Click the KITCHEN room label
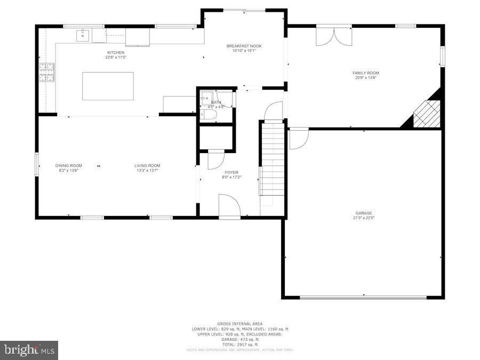click(x=116, y=52)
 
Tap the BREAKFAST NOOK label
click(x=244, y=46)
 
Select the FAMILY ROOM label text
click(x=365, y=73)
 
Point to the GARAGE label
click(x=364, y=213)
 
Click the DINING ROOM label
click(x=68, y=165)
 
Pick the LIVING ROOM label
click(x=147, y=165)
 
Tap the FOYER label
click(x=231, y=172)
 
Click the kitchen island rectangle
click(x=108, y=86)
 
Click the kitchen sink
click(x=83, y=36)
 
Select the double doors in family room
click(x=334, y=36)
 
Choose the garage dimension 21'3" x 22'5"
click(x=364, y=218)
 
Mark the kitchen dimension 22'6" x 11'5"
click(x=116, y=57)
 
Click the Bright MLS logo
click(x=29, y=350)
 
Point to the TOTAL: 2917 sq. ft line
click(x=240, y=344)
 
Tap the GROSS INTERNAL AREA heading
click(x=240, y=324)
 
